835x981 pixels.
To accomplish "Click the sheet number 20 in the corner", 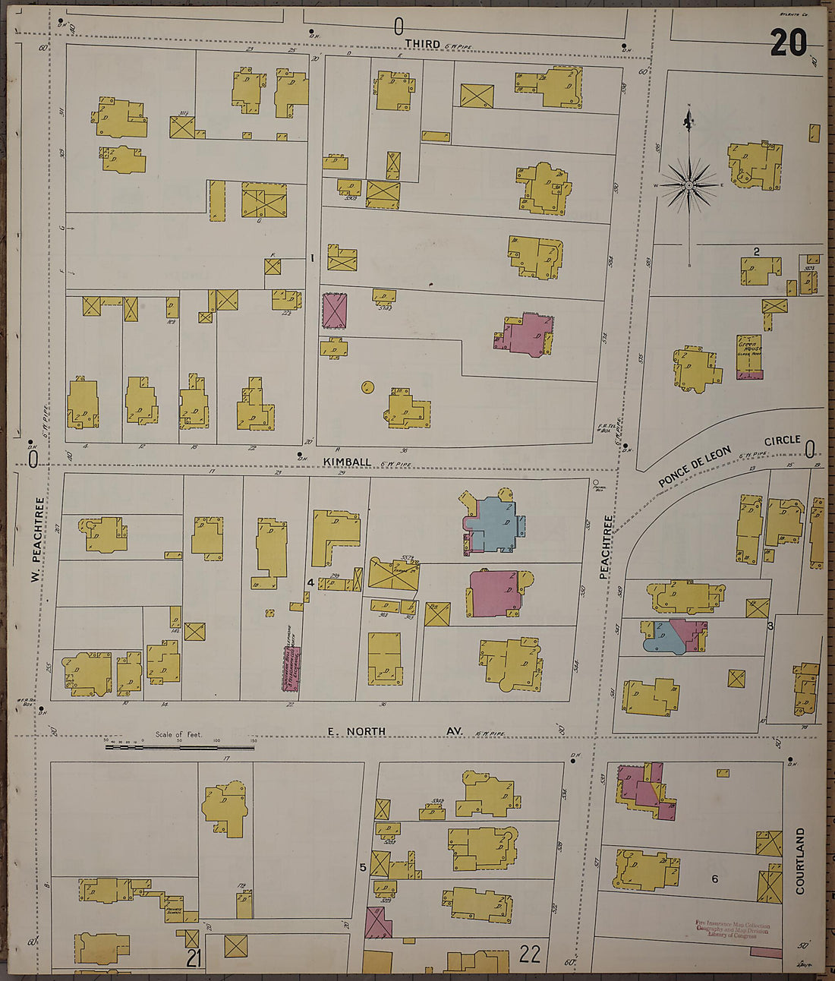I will tap(788, 43).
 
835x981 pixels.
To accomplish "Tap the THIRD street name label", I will tap(422, 45).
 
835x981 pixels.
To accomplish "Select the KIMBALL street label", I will tap(347, 462).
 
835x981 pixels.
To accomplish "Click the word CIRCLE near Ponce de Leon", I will tap(781, 440).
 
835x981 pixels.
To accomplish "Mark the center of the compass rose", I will tap(688, 185).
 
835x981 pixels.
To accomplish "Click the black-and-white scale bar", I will tap(180, 747).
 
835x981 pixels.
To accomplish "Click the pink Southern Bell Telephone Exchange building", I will tap(292, 668).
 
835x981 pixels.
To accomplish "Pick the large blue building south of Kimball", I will tap(496, 524).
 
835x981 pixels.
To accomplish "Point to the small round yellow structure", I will tap(367, 386).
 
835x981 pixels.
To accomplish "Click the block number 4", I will tap(310, 582).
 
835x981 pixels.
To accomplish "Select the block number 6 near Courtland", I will tap(714, 878).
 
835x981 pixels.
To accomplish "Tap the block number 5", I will tap(363, 867).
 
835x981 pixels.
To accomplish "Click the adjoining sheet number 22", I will tap(529, 954).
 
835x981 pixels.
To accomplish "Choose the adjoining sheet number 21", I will tap(194, 959).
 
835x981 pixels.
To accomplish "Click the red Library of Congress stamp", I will tap(732, 929).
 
